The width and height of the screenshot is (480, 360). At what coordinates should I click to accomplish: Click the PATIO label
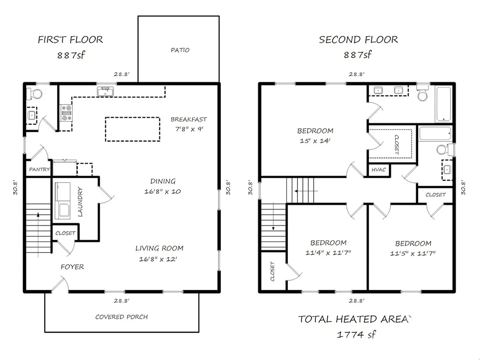pyautogui.click(x=180, y=50)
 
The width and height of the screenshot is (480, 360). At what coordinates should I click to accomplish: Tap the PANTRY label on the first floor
pyautogui.click(x=39, y=169)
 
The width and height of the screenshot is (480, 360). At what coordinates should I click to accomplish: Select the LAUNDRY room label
pyautogui.click(x=80, y=202)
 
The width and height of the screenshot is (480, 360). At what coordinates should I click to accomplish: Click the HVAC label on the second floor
pyautogui.click(x=379, y=170)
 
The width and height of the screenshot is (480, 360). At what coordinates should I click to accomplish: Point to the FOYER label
pyautogui.click(x=72, y=267)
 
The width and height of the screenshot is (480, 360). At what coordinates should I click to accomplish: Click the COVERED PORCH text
pyautogui.click(x=121, y=317)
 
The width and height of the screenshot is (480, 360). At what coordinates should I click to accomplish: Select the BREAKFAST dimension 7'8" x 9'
pyautogui.click(x=189, y=129)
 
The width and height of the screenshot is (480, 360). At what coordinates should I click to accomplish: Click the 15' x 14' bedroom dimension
pyautogui.click(x=315, y=141)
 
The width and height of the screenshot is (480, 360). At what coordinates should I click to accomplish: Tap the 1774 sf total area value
pyautogui.click(x=356, y=334)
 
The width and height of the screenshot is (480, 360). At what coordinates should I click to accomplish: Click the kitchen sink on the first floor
pyautogui.click(x=105, y=91)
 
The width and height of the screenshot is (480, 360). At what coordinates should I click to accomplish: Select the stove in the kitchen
pyautogui.click(x=66, y=113)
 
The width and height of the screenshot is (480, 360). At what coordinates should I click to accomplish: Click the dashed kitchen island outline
pyautogui.click(x=133, y=117)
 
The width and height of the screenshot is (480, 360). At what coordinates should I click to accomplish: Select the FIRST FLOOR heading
pyautogui.click(x=70, y=39)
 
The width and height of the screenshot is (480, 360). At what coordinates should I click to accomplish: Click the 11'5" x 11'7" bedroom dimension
pyautogui.click(x=412, y=254)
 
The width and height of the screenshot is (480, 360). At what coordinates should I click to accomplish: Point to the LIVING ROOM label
pyautogui.click(x=159, y=248)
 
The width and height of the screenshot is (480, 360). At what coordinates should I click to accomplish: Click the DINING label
pyautogui.click(x=163, y=181)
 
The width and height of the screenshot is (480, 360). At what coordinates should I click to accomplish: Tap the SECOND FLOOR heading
pyautogui.click(x=359, y=39)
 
